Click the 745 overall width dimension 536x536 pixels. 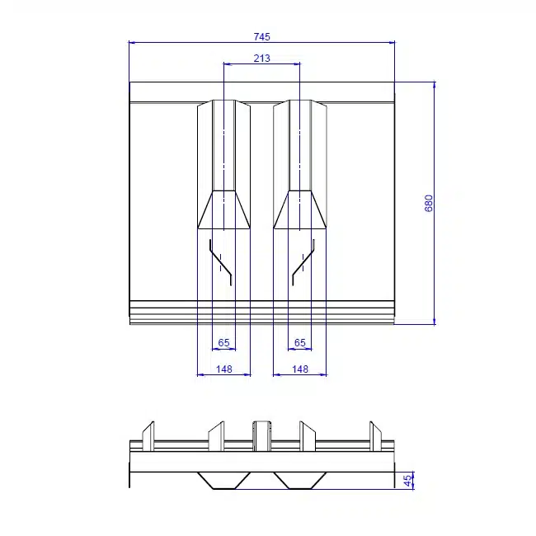[x=262, y=36]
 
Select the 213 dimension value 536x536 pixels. [x=262, y=59]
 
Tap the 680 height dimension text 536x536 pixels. [x=429, y=204]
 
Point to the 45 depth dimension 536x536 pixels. [x=407, y=481]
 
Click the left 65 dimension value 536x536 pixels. [x=224, y=342]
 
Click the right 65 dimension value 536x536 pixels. [x=300, y=342]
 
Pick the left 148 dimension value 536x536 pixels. [x=224, y=369]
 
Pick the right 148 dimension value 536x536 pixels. [x=300, y=369]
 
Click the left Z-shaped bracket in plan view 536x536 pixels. [x=221, y=262]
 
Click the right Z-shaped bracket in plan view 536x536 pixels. [x=303, y=262]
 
